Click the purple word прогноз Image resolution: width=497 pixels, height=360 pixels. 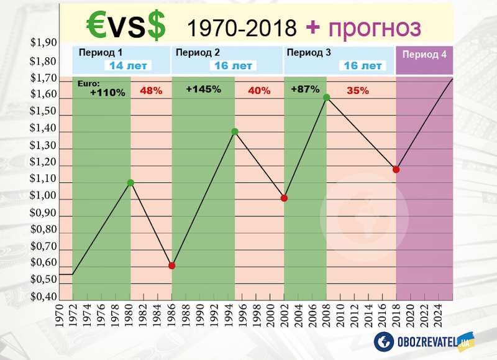pyautogui.click(x=372, y=27)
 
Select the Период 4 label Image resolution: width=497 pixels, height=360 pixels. pyautogui.click(x=424, y=54)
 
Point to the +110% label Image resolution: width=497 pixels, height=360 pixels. pyautogui.click(x=107, y=93)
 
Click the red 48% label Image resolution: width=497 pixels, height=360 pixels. pyautogui.click(x=151, y=91)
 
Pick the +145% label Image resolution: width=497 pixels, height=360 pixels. pyautogui.click(x=203, y=89)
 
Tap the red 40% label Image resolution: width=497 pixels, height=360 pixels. pyautogui.click(x=259, y=91)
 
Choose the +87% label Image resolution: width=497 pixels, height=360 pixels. pyautogui.click(x=304, y=89)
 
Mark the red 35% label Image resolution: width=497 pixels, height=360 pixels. pyautogui.click(x=357, y=90)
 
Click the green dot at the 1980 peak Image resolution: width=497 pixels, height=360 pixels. pyautogui.click(x=130, y=183)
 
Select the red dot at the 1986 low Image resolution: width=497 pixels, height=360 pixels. pyautogui.click(x=172, y=265)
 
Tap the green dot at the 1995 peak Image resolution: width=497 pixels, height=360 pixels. pyautogui.click(x=235, y=131)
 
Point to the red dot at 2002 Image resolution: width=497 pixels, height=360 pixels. pyautogui.click(x=284, y=198)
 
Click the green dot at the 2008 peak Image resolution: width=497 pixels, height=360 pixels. pyautogui.click(x=326, y=97)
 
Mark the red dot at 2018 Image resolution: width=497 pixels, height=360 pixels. pyautogui.click(x=396, y=169)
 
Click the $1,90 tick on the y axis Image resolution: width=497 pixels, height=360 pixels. pyautogui.click(x=43, y=43)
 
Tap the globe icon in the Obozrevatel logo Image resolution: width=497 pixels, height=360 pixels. pyautogui.click(x=384, y=341)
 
